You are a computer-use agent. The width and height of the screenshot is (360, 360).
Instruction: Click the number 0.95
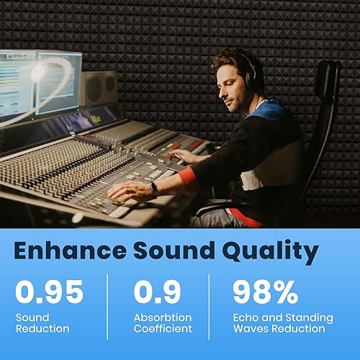coord(50,292)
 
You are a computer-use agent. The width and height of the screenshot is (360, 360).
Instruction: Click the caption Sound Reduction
coord(42,323)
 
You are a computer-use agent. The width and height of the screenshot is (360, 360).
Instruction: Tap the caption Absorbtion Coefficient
coord(163,323)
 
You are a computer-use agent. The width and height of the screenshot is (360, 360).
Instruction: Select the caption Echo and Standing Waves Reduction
coord(282,323)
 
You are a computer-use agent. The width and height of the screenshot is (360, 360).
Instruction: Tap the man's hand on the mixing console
coord(130,192)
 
